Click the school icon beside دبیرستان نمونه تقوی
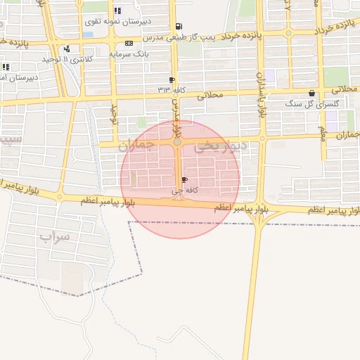coord(117,11)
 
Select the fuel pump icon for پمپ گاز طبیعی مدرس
coord(186,26)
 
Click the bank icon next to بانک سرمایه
coord(129,44)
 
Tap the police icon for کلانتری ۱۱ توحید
coord(67,49)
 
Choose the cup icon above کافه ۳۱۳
coord(172,80)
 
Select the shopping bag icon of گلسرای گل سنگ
coord(311,94)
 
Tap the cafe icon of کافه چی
coord(185,181)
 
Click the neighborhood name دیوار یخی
coord(221,147)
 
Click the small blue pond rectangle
coord(88,34)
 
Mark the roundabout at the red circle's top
coord(177,143)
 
